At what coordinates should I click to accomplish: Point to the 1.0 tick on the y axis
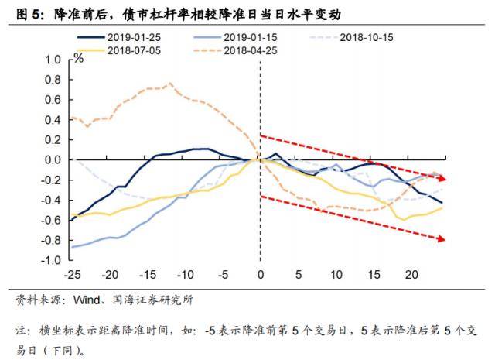click(x=53, y=60)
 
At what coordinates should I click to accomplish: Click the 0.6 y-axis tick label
click(x=53, y=100)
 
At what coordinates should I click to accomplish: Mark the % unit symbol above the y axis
click(x=78, y=57)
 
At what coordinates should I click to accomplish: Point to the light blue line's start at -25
click(x=71, y=247)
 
